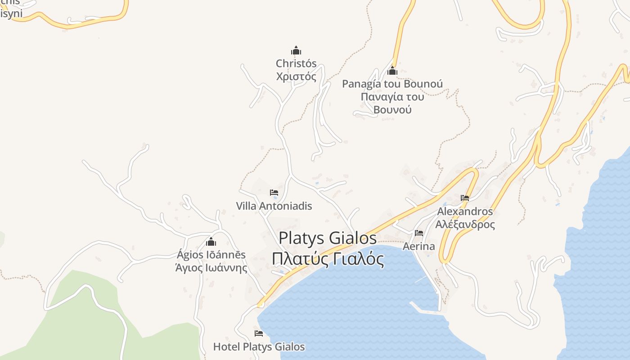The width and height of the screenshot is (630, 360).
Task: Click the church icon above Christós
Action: click(296, 50)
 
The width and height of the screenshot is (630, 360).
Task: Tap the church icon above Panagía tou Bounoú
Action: click(392, 71)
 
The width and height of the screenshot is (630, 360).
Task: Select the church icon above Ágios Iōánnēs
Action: click(211, 242)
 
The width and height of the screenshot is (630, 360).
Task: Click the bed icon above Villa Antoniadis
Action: click(274, 193)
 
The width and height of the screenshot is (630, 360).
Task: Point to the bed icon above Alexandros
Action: click(465, 198)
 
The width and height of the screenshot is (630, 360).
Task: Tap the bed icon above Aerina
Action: click(419, 233)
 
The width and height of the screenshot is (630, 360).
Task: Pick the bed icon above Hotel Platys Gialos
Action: click(259, 333)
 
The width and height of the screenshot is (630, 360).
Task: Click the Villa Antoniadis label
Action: click(274, 206)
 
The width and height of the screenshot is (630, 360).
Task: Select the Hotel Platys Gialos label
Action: click(259, 347)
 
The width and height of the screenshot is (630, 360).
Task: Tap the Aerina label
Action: click(419, 246)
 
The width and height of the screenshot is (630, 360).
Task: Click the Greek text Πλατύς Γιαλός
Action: click(328, 260)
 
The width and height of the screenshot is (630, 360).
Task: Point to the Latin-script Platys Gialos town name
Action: click(328, 238)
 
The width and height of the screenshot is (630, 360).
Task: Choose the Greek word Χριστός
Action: click(296, 76)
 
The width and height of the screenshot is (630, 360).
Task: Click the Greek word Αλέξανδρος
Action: click(465, 225)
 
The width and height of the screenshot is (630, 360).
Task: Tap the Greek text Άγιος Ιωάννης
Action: click(211, 268)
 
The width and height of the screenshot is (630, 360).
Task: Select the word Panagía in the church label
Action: click(359, 84)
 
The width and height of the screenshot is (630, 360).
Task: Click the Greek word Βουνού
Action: click(392, 110)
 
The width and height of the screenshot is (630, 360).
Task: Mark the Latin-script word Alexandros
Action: click(465, 211)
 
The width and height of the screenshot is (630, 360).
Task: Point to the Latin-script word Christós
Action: click(296, 63)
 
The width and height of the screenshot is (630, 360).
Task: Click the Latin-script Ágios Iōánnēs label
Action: click(211, 255)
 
